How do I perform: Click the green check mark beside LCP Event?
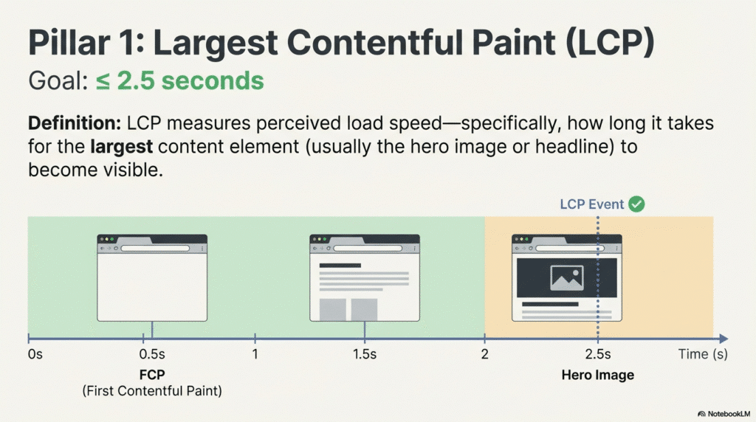[x=636, y=204]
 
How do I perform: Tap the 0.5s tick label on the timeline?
[x=153, y=355]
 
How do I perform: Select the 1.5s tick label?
[x=365, y=355]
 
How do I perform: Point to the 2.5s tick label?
[x=597, y=355]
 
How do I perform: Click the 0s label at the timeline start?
[x=35, y=355]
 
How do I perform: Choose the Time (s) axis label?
[x=703, y=355]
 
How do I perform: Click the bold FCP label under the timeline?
[x=152, y=375]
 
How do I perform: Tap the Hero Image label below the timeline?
[x=597, y=375]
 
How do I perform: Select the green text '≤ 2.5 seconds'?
[x=179, y=80]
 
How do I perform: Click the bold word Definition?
[x=74, y=122]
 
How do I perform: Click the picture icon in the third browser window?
[x=567, y=277]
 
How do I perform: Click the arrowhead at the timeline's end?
[x=725, y=339]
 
